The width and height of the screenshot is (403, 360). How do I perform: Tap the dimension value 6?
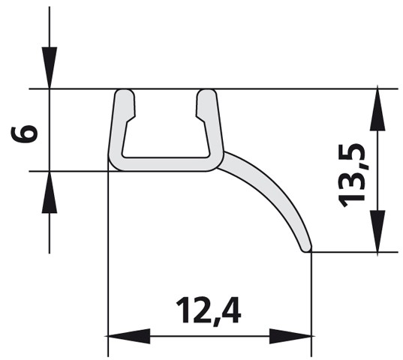pyautogui.click(x=26, y=133)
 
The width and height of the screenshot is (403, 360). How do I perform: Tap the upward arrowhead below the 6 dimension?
pyautogui.click(x=50, y=192)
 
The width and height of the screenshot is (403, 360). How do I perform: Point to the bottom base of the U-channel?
pyautogui.click(x=165, y=164)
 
